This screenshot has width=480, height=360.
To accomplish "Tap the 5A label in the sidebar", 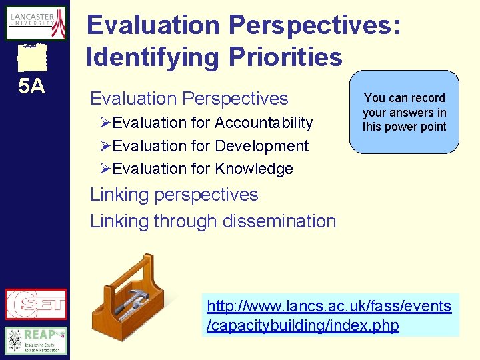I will [x=31, y=87].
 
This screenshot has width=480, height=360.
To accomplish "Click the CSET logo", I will [x=36, y=305].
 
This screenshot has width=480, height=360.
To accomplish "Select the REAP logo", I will [x=36, y=340].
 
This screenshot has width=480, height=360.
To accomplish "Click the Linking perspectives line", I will [x=174, y=195].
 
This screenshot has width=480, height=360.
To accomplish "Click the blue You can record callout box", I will [x=404, y=112].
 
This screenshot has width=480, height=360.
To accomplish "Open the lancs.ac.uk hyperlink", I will [x=329, y=316].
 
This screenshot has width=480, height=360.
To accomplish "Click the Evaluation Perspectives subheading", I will [x=189, y=99].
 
